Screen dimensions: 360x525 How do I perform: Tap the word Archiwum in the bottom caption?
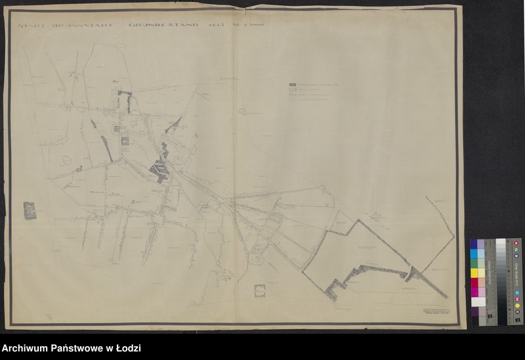pos(25,348)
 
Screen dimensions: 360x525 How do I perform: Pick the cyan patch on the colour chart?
pos(474,253)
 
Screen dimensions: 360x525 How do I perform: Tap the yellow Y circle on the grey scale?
pos(517,306)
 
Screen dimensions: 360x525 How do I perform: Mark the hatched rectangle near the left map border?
pos(30,210)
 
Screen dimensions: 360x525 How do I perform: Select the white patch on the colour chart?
pos(478,302)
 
